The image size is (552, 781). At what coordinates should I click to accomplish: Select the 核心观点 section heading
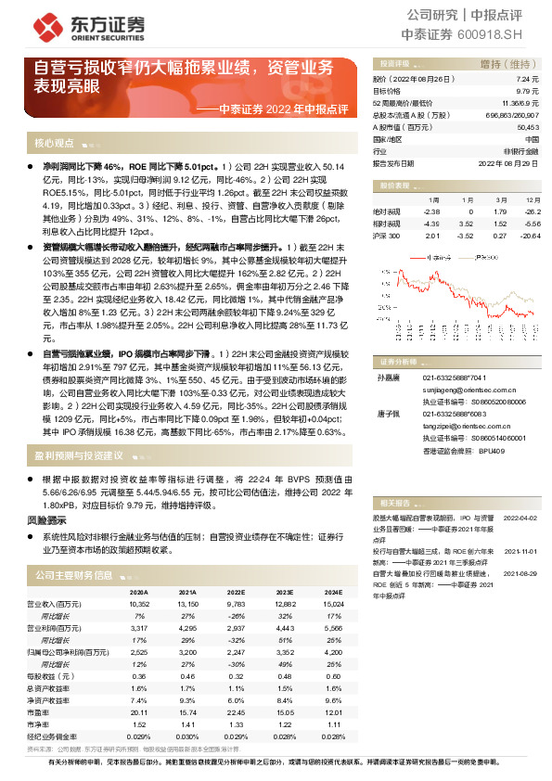[x=55, y=144]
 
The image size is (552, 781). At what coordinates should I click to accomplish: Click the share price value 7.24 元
[x=526, y=81]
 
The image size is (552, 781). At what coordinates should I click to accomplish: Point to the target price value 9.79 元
[x=526, y=92]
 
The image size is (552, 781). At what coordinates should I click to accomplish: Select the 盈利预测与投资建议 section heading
[x=79, y=456]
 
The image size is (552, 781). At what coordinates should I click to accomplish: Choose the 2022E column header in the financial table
[x=236, y=591]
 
